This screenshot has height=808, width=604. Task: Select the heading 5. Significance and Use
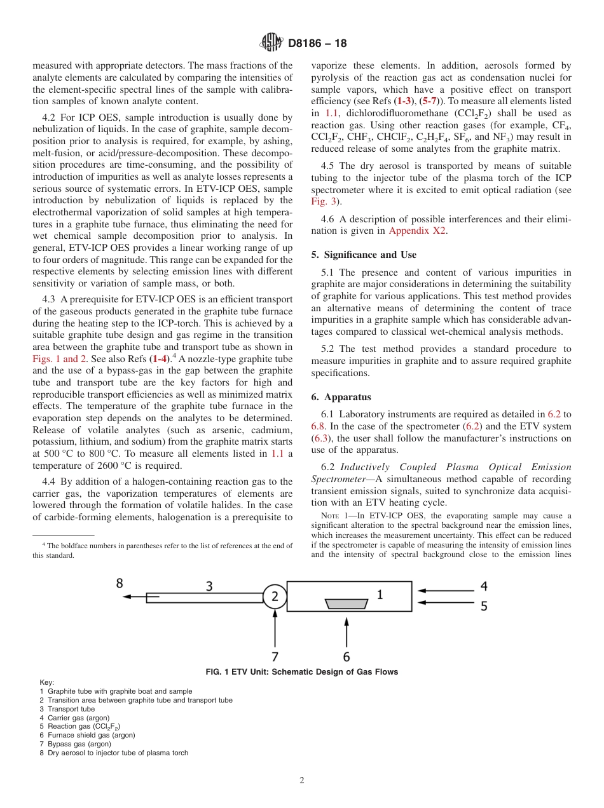click(364, 255)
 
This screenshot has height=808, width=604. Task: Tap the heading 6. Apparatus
click(341, 397)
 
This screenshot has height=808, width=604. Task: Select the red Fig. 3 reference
click(326, 201)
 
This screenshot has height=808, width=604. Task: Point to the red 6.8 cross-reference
click(318, 426)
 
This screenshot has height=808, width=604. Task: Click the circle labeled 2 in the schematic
click(275, 596)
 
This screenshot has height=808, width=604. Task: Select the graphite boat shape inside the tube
click(346, 603)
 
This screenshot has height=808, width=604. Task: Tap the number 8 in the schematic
click(119, 583)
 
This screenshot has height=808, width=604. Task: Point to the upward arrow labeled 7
click(275, 629)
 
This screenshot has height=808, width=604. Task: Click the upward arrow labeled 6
click(346, 629)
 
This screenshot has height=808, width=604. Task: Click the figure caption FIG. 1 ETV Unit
click(301, 672)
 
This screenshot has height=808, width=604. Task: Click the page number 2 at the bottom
click(301, 781)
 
